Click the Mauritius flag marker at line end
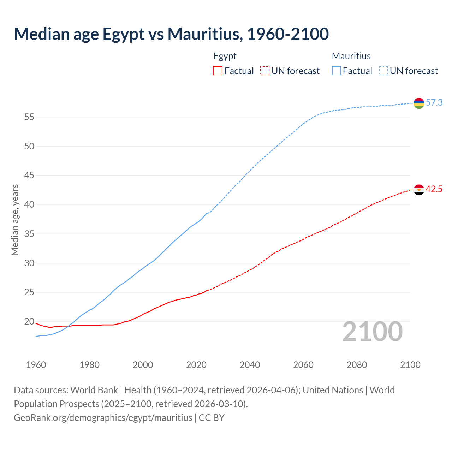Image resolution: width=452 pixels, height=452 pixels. click(419, 103)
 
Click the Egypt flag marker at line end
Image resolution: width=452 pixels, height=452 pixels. click(419, 190)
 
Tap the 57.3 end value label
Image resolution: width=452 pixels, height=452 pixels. click(434, 103)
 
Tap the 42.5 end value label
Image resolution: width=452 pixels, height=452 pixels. click(434, 189)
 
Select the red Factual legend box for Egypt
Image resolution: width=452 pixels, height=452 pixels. click(218, 71)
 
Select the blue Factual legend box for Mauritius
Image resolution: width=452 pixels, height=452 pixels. click(337, 71)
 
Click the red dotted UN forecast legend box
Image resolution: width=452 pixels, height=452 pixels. click(265, 71)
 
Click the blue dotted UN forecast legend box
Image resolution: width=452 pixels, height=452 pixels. click(383, 71)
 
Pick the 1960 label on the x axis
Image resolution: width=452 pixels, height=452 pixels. click(36, 365)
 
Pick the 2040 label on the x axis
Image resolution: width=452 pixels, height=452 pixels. click(250, 365)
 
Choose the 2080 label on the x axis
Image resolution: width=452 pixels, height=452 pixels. click(357, 365)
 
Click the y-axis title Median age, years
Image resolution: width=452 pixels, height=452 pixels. click(15, 220)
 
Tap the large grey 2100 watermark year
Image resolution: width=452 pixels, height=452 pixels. click(372, 332)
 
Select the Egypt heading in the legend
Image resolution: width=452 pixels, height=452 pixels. click(225, 56)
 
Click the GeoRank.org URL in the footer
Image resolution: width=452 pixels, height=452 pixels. click(103, 418)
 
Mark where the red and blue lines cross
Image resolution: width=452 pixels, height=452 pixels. click(69, 326)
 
